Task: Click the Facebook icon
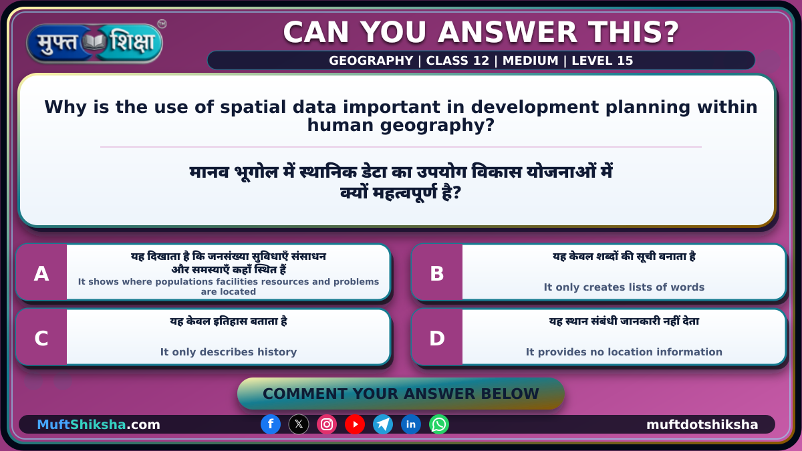(x=271, y=424)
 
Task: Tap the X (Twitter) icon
(x=299, y=424)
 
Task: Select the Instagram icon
(x=327, y=424)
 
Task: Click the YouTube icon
(x=355, y=424)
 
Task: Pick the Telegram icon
(x=383, y=424)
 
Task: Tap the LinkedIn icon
(x=410, y=424)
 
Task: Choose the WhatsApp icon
(x=439, y=424)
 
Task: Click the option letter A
(x=41, y=274)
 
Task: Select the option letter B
(x=437, y=274)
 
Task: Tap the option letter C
(x=41, y=338)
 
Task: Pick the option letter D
(x=437, y=338)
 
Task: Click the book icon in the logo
(x=94, y=42)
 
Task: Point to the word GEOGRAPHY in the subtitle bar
(x=371, y=61)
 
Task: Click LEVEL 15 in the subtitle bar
(x=602, y=61)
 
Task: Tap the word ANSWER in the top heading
(x=508, y=32)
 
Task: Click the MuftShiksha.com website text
(x=98, y=424)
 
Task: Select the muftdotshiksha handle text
(x=702, y=424)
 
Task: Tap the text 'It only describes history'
(x=229, y=352)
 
